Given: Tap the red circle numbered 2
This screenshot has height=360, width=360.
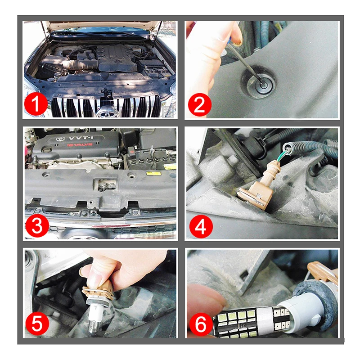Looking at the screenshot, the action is pos(199,105).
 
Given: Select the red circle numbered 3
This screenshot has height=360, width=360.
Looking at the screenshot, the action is pos(37,226).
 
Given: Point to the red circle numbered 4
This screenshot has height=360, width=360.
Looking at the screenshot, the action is pos(201,226).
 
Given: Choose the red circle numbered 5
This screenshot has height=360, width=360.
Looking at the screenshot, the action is pos(37,324).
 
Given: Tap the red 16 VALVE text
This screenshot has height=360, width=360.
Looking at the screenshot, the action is pos(80,144).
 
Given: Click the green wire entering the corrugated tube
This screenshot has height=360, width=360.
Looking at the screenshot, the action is pos(284,154).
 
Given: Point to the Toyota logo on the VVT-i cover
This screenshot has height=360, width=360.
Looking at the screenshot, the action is pos(60,139).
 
